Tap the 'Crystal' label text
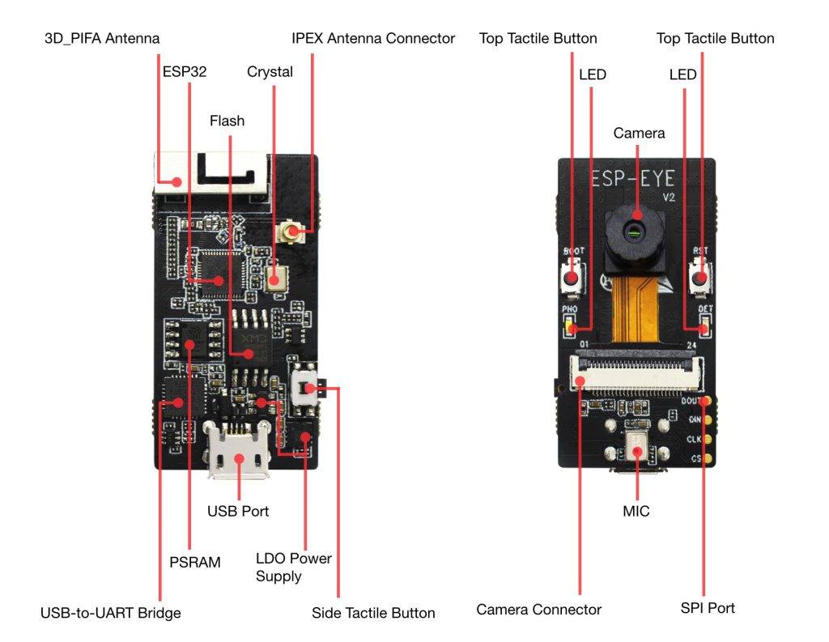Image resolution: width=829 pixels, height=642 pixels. point(270,71)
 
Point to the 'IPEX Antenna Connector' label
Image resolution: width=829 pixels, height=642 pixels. point(373,38)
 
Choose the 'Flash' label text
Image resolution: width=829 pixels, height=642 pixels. point(227,121)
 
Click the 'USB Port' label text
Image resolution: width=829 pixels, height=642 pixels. point(238,511)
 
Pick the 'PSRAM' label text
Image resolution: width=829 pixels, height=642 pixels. point(192,562)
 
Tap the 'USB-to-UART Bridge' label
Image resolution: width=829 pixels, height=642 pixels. point(110,613)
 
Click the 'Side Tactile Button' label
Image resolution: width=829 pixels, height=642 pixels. point(373,613)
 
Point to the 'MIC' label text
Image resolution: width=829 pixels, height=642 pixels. point(636,511)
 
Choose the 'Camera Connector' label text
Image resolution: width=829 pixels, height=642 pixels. point(538,610)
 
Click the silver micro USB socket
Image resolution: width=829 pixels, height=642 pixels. point(239,457)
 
